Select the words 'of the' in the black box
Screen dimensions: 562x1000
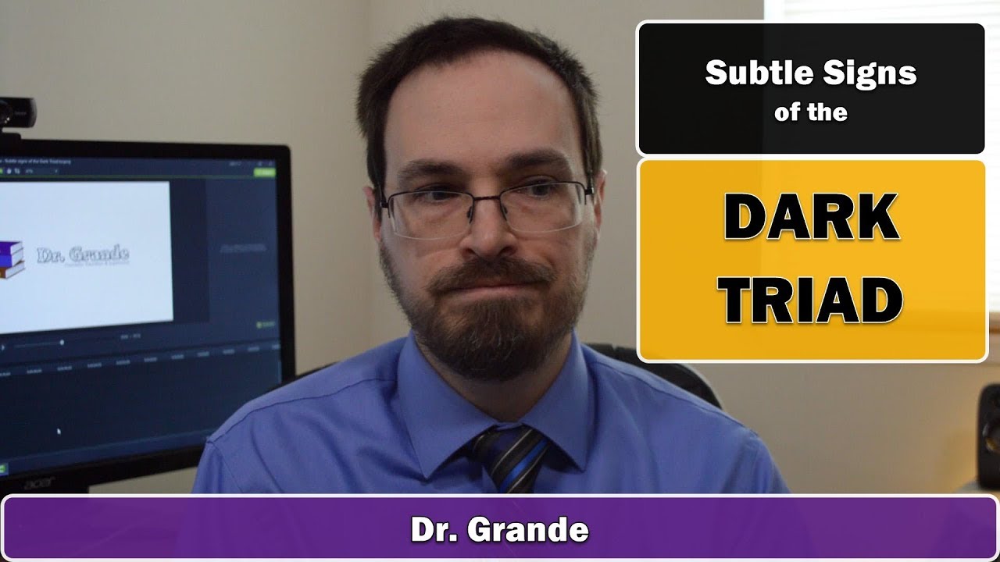(810, 112)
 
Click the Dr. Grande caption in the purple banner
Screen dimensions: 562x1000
(499, 530)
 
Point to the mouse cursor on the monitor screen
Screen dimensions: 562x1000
(59, 430)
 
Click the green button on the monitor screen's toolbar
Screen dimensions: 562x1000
(265, 173)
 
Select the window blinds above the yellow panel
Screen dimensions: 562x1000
(883, 10)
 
